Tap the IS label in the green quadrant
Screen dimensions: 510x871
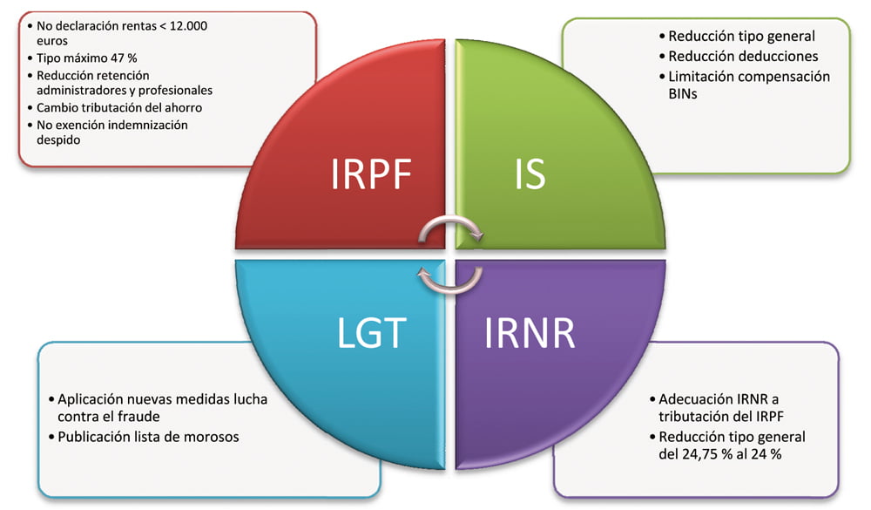[x=527, y=174]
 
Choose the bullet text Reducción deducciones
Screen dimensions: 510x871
[x=743, y=57]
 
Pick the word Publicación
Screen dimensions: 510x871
[x=95, y=436]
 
